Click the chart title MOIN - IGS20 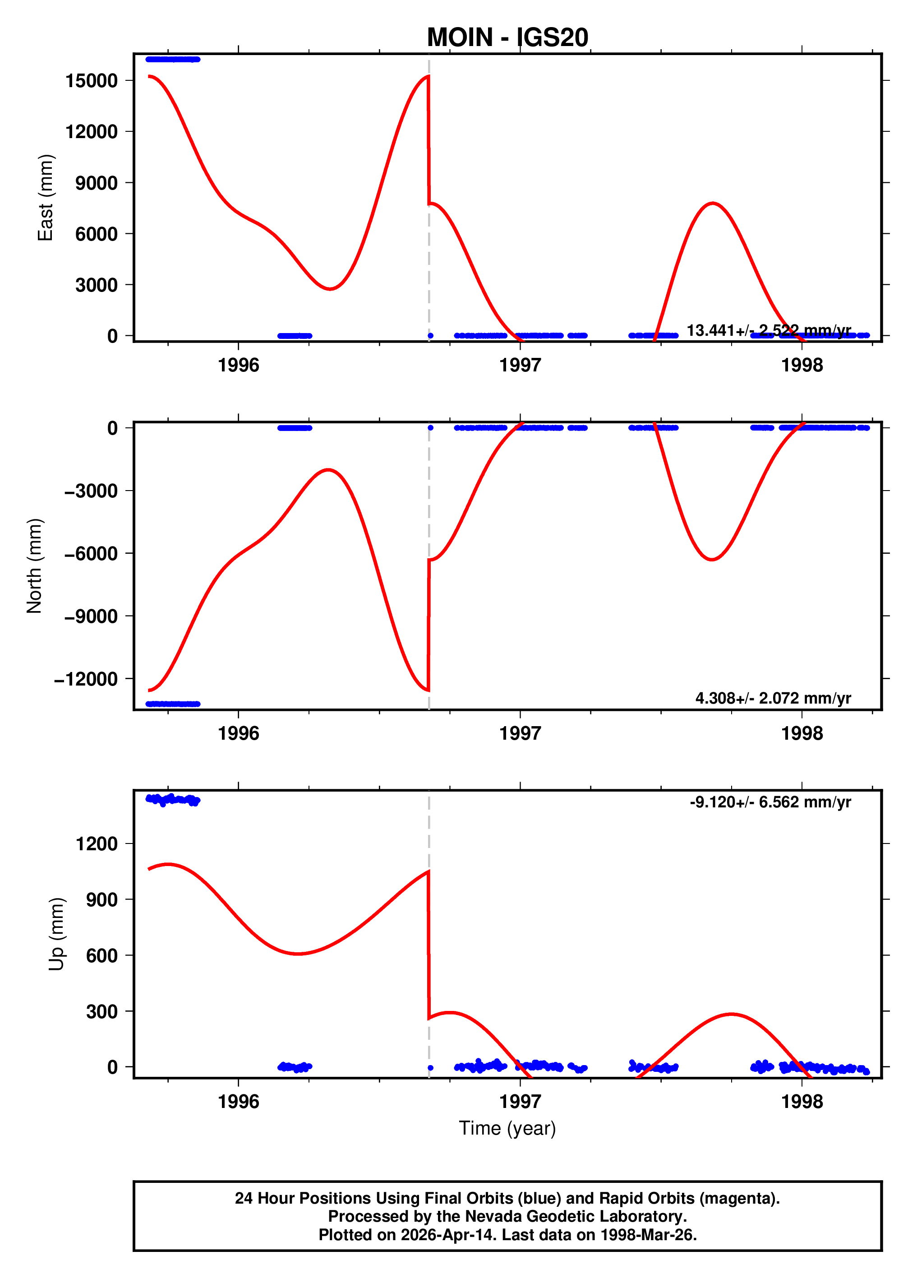pos(507,37)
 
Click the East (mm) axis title pos(45,197)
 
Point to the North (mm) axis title pos(34,565)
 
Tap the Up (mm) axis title pos(56,934)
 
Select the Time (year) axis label pos(507,1128)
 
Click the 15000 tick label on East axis pos(91,81)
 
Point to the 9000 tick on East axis pos(97,183)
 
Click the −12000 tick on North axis pos(86,679)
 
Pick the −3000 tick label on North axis pos(91,491)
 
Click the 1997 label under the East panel pos(520,366)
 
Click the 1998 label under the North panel pos(802,734)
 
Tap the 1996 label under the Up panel pos(239,1101)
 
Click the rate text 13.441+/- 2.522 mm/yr pos(768,330)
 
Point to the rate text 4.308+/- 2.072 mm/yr pos(773,698)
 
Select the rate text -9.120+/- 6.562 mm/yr pos(770,802)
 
